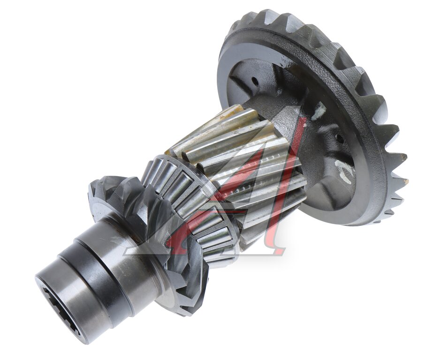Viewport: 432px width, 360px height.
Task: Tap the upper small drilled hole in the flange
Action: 255,81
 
